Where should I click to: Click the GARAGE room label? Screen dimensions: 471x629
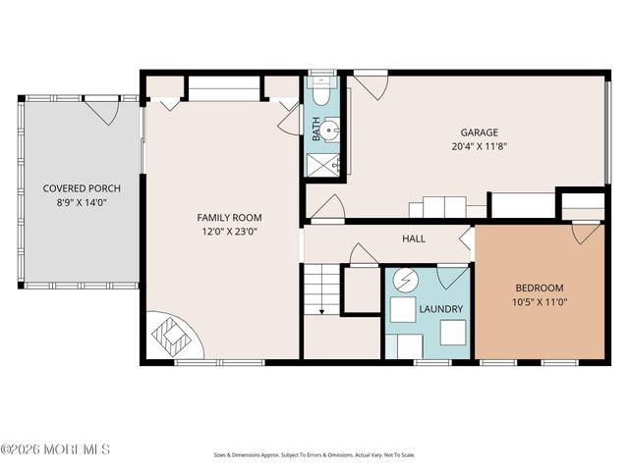(x=480, y=132)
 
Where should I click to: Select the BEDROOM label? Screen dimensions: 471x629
(x=540, y=288)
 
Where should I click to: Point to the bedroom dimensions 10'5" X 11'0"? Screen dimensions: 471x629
(x=540, y=302)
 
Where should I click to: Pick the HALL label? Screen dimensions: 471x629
(x=414, y=238)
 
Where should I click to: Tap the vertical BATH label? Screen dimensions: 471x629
(x=316, y=131)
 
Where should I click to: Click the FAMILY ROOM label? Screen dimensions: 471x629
(x=230, y=218)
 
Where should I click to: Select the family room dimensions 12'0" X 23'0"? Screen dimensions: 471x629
(x=230, y=232)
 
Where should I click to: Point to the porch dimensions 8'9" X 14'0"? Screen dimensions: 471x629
(x=81, y=202)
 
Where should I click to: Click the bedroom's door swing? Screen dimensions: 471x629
(x=586, y=234)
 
